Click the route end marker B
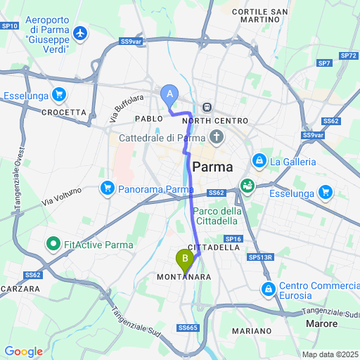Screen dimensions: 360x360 185,259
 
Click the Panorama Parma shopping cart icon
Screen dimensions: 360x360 108,188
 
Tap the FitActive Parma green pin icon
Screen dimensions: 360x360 52,245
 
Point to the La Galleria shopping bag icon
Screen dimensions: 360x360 259,161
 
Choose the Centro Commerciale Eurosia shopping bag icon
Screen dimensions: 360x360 269,289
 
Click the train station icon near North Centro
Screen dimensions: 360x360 207,108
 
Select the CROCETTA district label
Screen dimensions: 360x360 64,112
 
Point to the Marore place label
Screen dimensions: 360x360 323,323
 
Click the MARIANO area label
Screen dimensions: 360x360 251,330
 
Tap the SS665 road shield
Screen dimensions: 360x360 188,328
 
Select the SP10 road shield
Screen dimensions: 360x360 10,25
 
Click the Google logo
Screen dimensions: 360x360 23,351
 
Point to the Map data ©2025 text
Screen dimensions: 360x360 330,354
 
